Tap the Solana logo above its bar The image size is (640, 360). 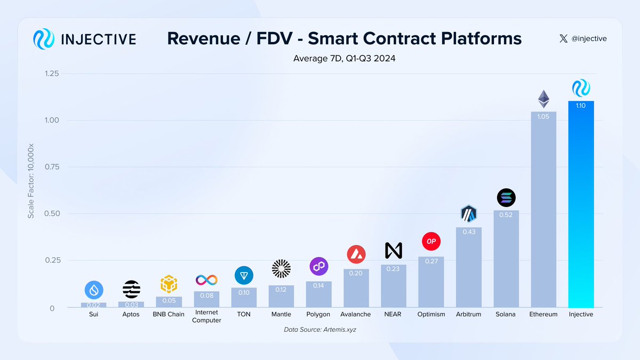(506, 198)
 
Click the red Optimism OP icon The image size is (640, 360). (431, 241)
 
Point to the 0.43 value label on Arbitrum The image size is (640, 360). (469, 233)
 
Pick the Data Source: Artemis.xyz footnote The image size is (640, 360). (319, 330)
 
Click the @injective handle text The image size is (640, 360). (589, 39)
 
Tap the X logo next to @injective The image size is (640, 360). (564, 39)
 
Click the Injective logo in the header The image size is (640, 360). (44, 39)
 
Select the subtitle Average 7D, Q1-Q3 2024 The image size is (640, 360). (344, 58)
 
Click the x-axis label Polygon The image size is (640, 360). (318, 314)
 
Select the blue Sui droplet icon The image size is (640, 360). (94, 290)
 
